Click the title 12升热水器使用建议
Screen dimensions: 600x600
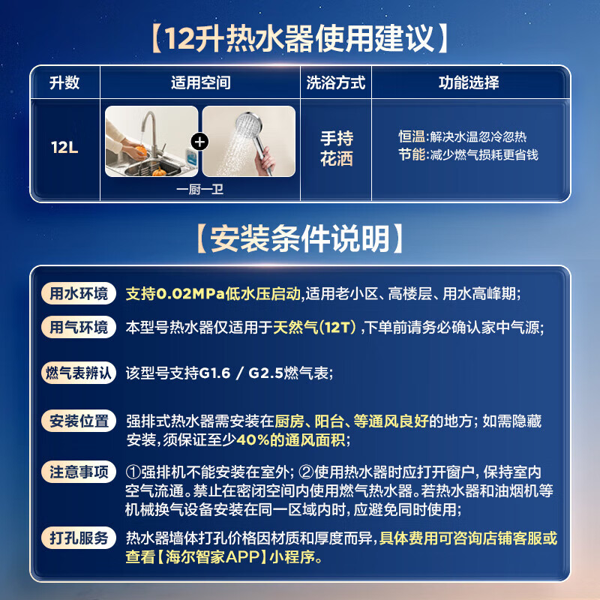[300, 37]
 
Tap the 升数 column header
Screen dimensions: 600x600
[64, 82]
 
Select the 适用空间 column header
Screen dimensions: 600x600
[200, 82]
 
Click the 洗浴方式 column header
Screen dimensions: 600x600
[335, 82]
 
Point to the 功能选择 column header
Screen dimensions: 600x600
[469, 82]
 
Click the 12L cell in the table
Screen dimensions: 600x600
[64, 146]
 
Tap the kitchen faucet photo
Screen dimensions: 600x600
[151, 142]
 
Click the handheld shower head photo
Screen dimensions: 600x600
[249, 142]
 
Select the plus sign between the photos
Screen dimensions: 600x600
[201, 142]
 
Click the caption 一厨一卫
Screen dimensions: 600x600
[200, 190]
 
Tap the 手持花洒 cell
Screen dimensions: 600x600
[336, 148]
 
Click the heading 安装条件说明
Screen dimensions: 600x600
[300, 238]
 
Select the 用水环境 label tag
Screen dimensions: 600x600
[79, 293]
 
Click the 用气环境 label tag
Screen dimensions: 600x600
[79, 327]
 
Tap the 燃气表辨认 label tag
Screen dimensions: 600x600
[79, 372]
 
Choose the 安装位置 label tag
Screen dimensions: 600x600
[79, 421]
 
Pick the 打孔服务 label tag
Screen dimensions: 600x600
[79, 538]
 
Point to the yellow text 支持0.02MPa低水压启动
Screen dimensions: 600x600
[213, 293]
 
